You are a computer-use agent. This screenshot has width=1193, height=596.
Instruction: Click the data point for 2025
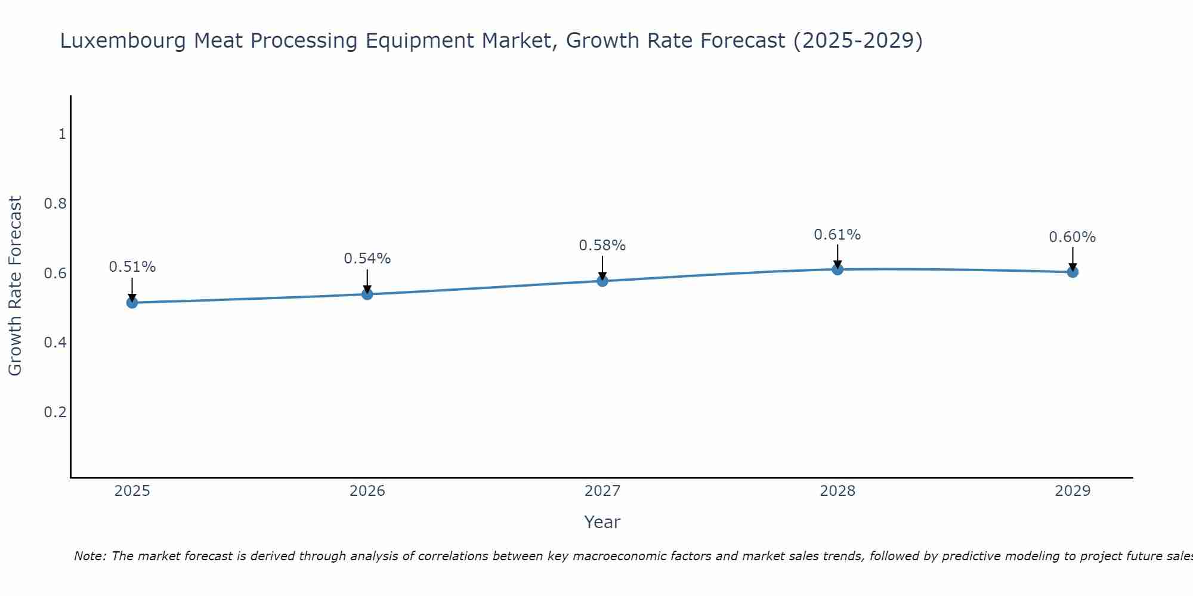click(132, 303)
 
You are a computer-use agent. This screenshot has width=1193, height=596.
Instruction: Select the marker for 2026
click(367, 294)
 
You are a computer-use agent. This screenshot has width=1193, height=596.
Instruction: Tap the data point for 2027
click(602, 281)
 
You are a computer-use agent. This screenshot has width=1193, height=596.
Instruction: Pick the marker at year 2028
click(837, 269)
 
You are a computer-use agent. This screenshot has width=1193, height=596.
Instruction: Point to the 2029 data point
click(1073, 272)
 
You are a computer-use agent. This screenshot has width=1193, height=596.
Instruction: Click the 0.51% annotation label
click(132, 267)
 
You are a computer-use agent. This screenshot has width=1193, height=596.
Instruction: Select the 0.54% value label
click(367, 259)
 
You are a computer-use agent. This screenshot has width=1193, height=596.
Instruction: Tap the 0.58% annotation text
click(602, 246)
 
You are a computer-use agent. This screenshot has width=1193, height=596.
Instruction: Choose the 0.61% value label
click(837, 235)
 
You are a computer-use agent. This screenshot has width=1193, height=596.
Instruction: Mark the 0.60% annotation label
click(1073, 237)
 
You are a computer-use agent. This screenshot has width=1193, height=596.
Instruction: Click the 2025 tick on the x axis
click(132, 491)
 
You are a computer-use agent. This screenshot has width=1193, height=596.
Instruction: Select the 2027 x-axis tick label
click(602, 491)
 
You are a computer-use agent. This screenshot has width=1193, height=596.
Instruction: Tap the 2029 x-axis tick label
click(1073, 491)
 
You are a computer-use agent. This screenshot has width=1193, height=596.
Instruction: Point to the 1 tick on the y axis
click(62, 134)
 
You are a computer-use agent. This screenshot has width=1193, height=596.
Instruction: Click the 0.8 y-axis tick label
click(55, 204)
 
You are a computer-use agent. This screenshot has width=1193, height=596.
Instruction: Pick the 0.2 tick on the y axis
click(55, 412)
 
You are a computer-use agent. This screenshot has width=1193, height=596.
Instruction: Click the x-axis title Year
click(602, 522)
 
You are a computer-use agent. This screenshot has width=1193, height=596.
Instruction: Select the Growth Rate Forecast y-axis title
click(15, 286)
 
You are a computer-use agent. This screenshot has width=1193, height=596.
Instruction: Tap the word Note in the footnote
click(89, 556)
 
